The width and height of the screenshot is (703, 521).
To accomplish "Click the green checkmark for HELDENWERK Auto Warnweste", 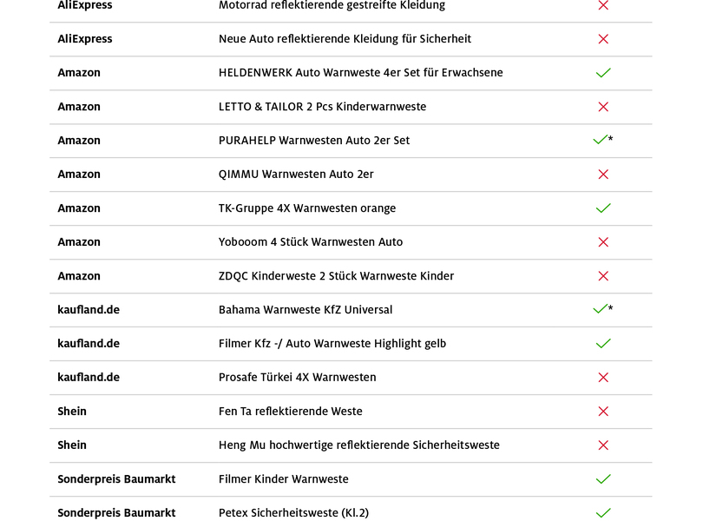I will (603, 73).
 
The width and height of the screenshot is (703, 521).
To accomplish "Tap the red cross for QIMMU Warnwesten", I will (603, 175).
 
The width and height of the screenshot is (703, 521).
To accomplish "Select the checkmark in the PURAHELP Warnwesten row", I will (600, 140).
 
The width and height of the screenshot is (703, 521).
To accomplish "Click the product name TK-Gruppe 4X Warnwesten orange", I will (306, 208).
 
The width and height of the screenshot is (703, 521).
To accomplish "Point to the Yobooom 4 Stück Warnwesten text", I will (310, 242).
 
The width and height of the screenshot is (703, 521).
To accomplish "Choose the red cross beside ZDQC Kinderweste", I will (603, 276).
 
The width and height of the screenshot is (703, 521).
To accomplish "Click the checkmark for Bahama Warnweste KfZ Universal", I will (600, 309).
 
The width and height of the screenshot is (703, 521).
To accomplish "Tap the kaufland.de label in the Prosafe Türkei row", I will (89, 378).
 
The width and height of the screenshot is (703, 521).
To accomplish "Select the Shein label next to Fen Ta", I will (72, 412).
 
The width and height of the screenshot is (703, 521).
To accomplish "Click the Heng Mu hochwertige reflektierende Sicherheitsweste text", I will (358, 445).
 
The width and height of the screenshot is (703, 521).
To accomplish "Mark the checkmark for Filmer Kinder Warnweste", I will (603, 479).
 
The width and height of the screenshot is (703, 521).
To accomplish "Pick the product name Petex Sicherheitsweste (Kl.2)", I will (293, 513).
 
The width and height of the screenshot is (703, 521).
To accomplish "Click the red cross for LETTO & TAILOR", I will (603, 107).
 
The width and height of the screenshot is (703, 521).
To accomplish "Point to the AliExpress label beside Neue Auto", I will (84, 39).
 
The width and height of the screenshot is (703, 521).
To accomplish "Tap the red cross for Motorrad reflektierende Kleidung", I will (603, 5).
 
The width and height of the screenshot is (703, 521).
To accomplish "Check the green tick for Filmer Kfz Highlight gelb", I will (603, 344).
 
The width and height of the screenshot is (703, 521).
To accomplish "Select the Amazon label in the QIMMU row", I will (79, 175).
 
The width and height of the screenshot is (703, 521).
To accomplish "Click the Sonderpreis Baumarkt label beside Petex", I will (116, 513).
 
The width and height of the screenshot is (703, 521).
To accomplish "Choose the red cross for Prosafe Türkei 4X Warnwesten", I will (603, 378).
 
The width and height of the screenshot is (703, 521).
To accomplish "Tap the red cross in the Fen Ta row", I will (603, 412).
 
